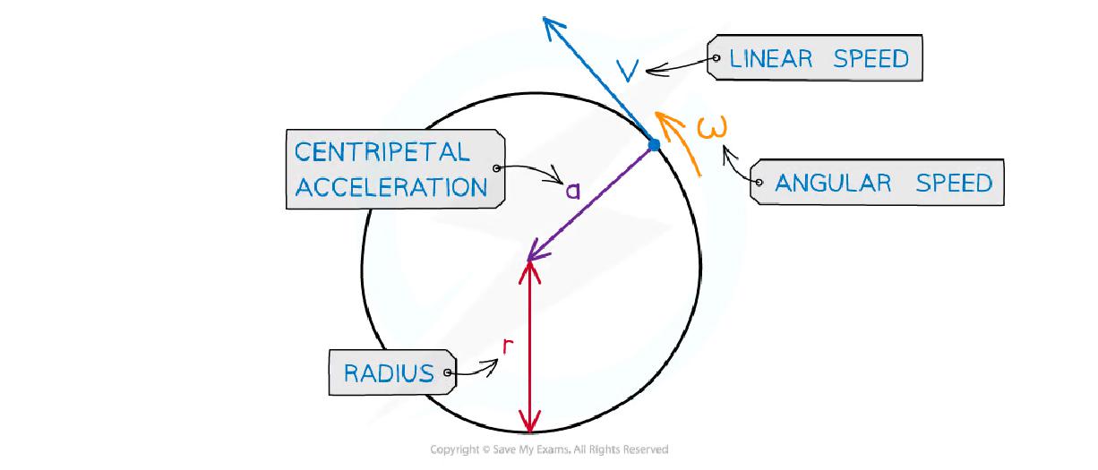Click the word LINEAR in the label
click(772, 59)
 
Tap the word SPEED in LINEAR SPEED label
click(871, 59)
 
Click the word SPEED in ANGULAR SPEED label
click(954, 183)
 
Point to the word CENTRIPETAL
click(382, 151)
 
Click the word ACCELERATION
click(391, 186)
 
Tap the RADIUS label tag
click(389, 372)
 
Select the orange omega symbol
click(708, 132)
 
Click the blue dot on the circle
click(654, 144)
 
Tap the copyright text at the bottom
click(549, 449)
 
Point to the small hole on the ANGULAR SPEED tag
click(758, 184)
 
